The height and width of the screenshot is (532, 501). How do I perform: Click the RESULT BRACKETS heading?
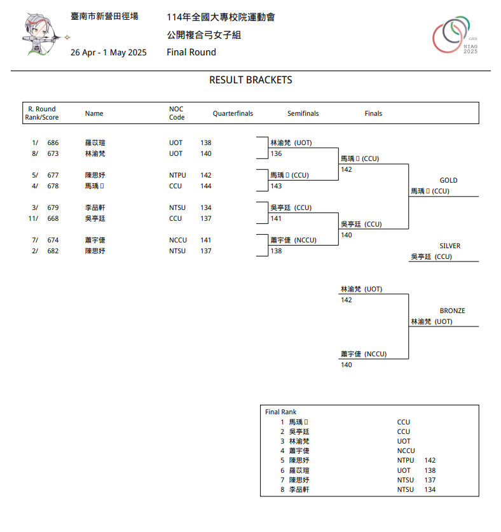point(251,80)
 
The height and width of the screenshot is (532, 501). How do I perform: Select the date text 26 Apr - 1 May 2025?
point(108,52)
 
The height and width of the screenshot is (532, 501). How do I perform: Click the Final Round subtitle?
point(191,52)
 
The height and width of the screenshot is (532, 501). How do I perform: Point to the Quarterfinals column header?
point(233,114)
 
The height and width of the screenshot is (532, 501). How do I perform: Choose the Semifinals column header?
point(303,114)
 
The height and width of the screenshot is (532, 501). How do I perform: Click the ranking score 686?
point(53,143)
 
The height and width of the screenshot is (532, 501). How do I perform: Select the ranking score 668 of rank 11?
point(53,219)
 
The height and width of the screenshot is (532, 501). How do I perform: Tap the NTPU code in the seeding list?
point(177,175)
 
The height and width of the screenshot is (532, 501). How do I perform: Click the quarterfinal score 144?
point(206,186)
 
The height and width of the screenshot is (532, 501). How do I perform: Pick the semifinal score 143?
point(276,186)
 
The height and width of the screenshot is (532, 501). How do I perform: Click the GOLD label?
point(448,181)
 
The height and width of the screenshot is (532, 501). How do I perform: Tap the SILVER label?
point(450,246)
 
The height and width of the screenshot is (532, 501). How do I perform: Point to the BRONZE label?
point(452,311)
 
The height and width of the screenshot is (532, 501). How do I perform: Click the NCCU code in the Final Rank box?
point(406,451)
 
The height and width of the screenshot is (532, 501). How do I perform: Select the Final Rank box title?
point(280,412)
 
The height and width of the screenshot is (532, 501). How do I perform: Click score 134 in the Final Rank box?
point(430,489)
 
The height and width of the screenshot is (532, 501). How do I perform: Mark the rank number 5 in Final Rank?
point(282,460)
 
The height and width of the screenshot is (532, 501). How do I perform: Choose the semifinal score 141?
point(276,219)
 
